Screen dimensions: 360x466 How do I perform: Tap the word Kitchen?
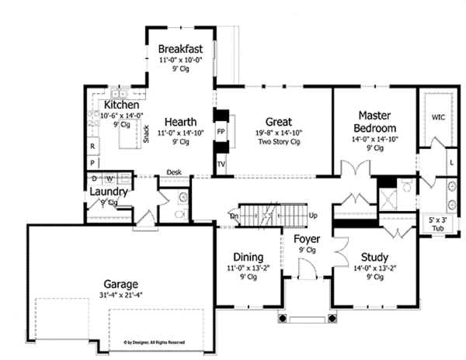point(121,104)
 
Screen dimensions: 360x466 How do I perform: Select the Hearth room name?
point(179,122)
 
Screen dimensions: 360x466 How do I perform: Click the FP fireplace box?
point(221,132)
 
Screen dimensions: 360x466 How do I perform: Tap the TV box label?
point(221,164)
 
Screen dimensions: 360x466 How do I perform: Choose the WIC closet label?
point(439,118)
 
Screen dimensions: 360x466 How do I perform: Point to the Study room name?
point(375,257)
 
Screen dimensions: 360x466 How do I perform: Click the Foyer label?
point(307,239)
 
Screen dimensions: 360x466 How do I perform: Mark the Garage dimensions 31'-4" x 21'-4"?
point(121,295)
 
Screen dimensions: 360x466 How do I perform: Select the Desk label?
point(173,172)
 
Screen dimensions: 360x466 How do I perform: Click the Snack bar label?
point(145,133)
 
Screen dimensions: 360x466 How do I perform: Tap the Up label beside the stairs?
point(313,215)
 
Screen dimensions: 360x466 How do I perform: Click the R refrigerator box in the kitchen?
point(92,146)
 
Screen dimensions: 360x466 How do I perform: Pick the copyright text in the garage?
point(154,341)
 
